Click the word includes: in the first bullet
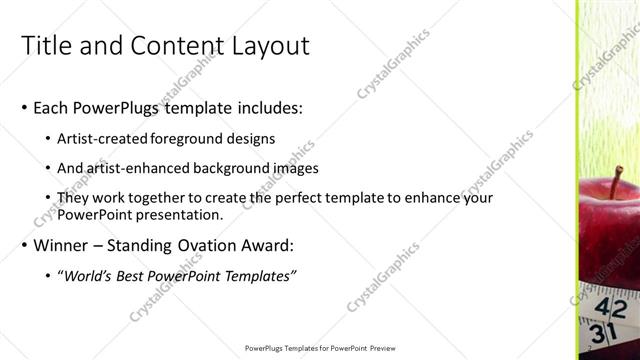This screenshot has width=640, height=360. point(270,107)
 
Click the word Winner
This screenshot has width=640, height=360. point(63,245)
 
